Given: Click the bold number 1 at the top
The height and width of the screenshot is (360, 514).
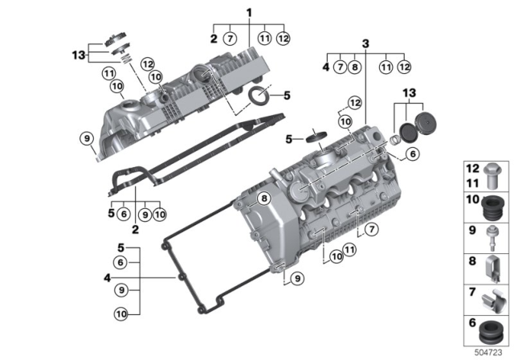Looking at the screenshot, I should coord(249,13).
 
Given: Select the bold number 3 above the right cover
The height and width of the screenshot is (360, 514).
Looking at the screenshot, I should coord(365,43).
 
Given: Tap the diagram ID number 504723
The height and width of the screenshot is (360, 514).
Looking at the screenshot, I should coord(484,351).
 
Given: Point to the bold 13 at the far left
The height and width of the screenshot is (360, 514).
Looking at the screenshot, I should coord(77,55).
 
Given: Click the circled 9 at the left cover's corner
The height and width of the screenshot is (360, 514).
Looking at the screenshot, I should coord(88,140).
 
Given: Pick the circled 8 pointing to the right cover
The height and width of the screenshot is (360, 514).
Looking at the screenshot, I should coord(263,198).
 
